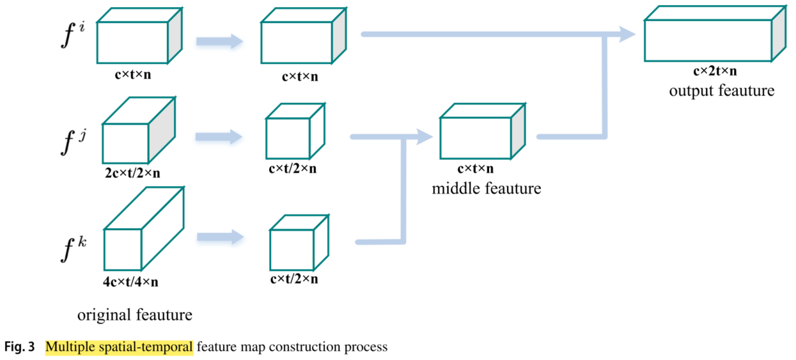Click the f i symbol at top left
(x=72, y=36)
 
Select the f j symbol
(x=72, y=142)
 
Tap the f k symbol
(x=72, y=249)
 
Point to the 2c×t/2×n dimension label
(x=133, y=172)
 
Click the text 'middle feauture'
(x=487, y=189)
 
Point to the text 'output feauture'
(x=721, y=91)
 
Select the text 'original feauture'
(x=135, y=315)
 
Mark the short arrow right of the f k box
(x=220, y=237)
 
